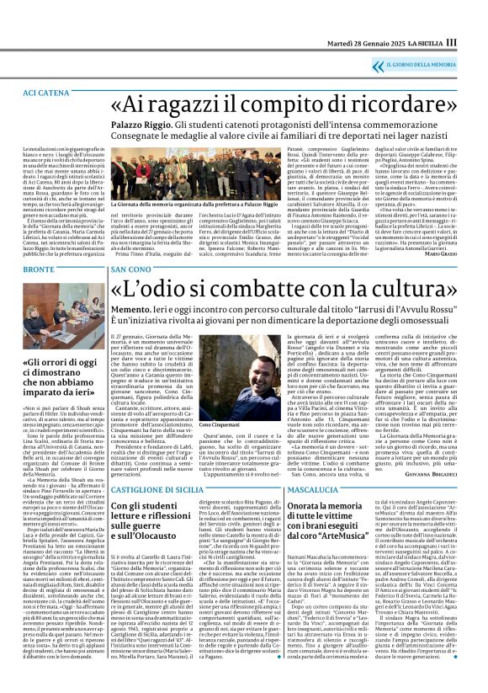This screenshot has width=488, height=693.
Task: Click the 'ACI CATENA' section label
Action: (46, 90)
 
